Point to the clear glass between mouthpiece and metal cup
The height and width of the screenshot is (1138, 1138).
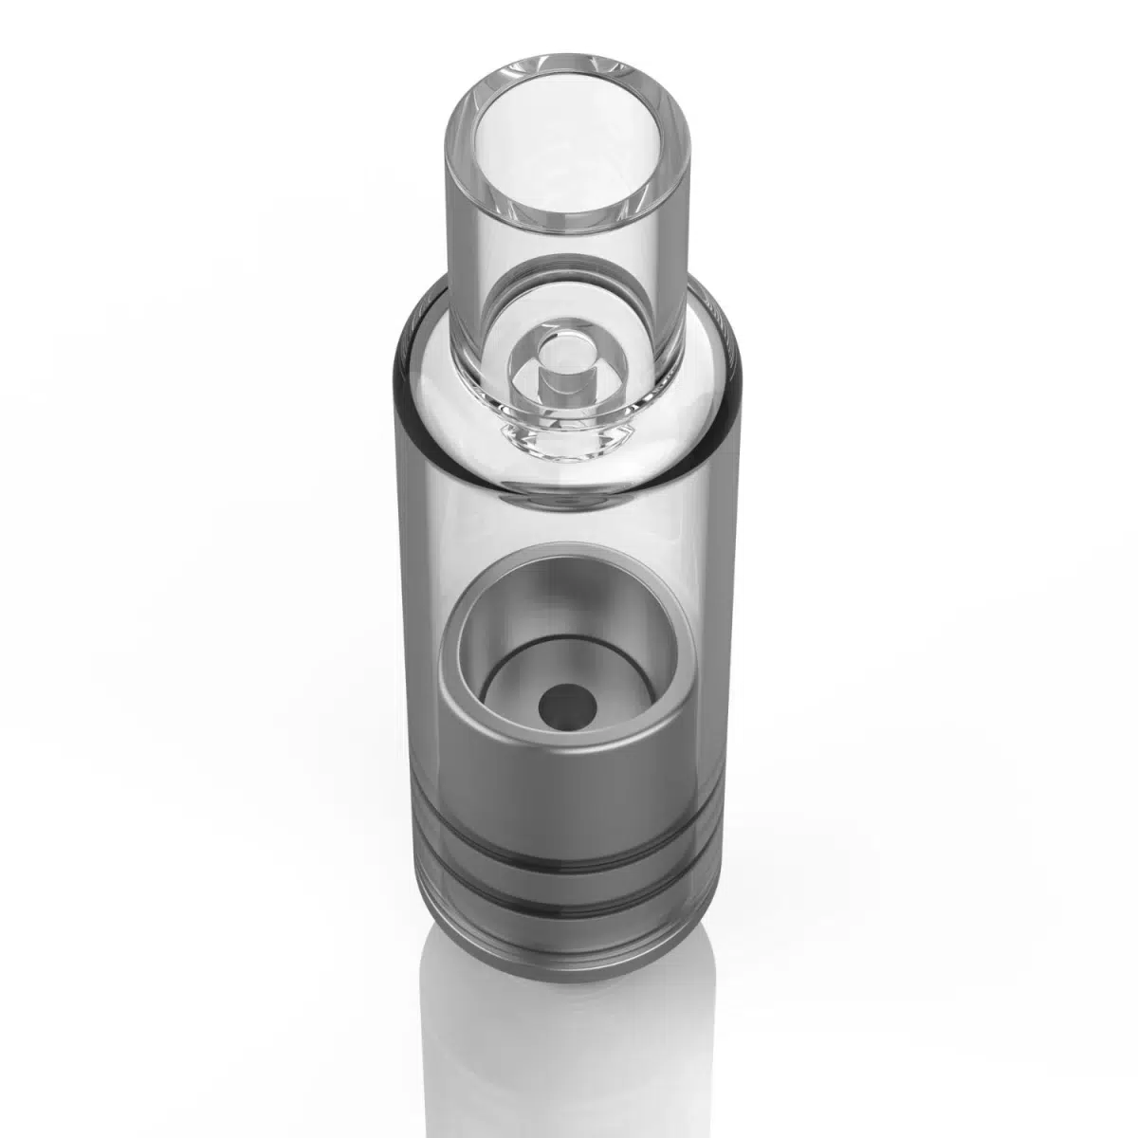[x=569, y=531]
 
